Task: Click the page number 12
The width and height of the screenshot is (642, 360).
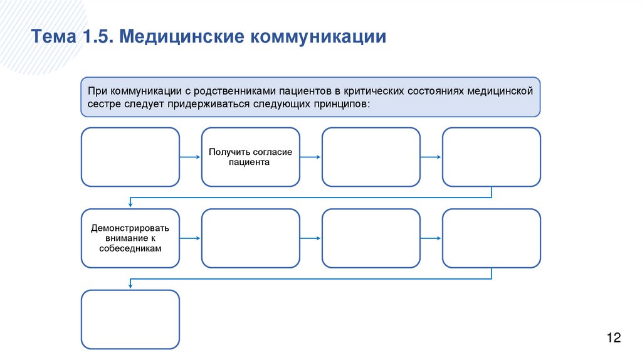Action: click(613, 339)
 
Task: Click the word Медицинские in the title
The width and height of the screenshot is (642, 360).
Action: click(182, 36)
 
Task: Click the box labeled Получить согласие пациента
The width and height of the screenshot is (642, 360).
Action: click(250, 157)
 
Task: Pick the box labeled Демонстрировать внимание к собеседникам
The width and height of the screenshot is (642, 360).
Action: click(130, 238)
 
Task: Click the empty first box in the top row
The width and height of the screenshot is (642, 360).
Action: click(130, 157)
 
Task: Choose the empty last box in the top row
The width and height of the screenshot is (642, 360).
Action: click(491, 157)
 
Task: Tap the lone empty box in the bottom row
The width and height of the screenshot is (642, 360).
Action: click(130, 319)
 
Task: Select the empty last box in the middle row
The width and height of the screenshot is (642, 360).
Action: click(491, 238)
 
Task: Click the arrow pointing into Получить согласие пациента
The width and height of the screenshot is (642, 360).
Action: click(190, 157)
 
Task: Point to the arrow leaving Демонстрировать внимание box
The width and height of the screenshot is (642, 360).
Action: click(190, 238)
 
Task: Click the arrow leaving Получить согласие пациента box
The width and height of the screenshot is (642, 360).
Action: click(310, 157)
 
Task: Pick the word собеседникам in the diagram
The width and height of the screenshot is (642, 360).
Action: click(130, 248)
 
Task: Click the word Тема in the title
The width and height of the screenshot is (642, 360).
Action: click(52, 36)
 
